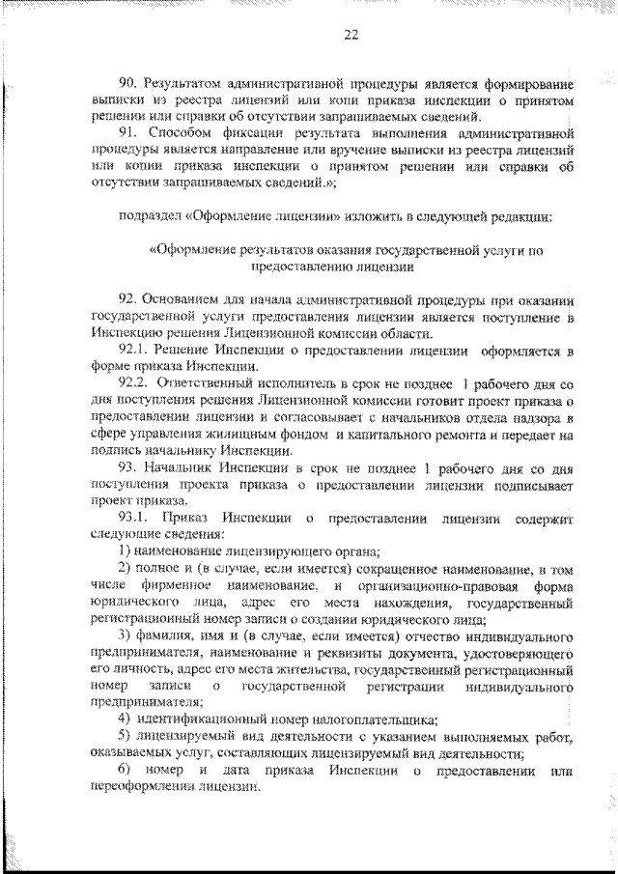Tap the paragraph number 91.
point(127,133)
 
